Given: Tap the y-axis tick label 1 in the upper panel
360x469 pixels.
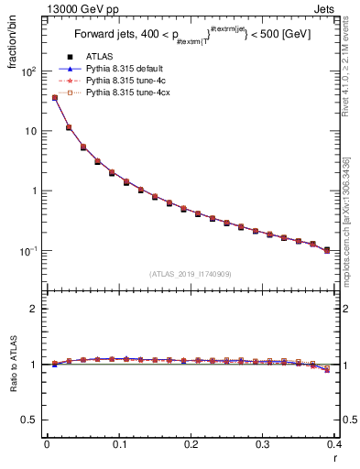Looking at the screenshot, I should (x=33, y=191).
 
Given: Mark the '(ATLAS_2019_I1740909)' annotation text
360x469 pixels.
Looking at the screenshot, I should (x=191, y=274).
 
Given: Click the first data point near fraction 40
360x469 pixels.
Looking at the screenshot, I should (x=54, y=97).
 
